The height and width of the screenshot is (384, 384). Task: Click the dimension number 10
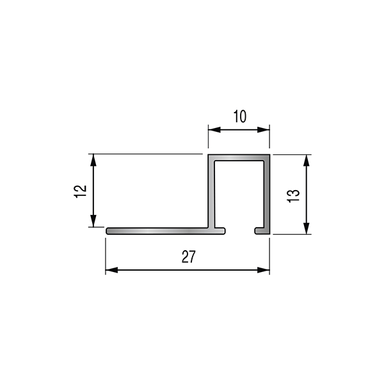click(240, 116)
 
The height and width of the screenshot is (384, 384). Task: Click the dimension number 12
click(80, 191)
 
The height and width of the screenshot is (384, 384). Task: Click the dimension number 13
click(293, 196)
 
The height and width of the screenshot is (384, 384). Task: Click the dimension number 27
click(189, 257)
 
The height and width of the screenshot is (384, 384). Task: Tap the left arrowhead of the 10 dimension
click(214, 130)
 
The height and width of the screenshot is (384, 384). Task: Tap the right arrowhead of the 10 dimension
click(264, 130)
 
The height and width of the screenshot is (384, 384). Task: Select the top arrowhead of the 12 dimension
click(93, 160)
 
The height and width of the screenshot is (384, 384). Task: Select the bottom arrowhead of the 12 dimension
click(93, 221)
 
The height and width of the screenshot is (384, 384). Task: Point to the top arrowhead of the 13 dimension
click(307, 161)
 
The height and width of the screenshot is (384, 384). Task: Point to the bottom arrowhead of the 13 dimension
click(307, 228)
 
